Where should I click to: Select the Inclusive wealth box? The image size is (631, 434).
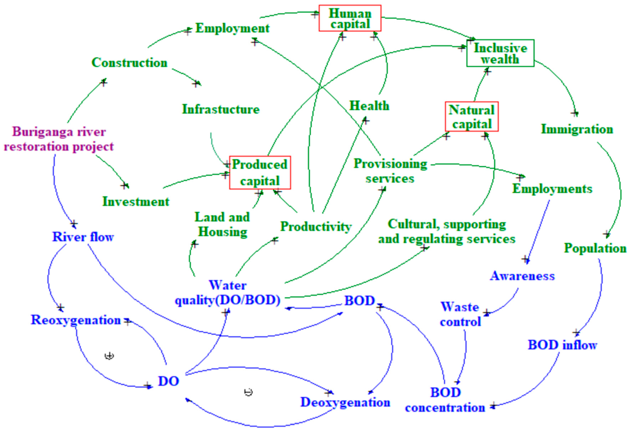[x=500, y=53]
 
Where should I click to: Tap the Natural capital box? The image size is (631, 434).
[x=472, y=117]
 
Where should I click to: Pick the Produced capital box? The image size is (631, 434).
[x=260, y=173]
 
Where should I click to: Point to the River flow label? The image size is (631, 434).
[x=83, y=237]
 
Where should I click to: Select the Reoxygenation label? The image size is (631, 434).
[x=76, y=320]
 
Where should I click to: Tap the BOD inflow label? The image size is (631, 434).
[x=562, y=345]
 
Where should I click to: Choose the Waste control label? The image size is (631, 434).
[x=460, y=314]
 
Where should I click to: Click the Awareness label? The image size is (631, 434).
[x=522, y=276]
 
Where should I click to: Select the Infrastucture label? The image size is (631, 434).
[x=221, y=109]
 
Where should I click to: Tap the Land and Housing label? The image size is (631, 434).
[x=222, y=224]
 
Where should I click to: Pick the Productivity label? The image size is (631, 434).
[x=316, y=226]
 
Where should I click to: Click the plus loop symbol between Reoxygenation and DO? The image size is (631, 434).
[x=109, y=356]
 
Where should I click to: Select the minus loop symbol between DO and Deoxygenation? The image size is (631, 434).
[x=248, y=392]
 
